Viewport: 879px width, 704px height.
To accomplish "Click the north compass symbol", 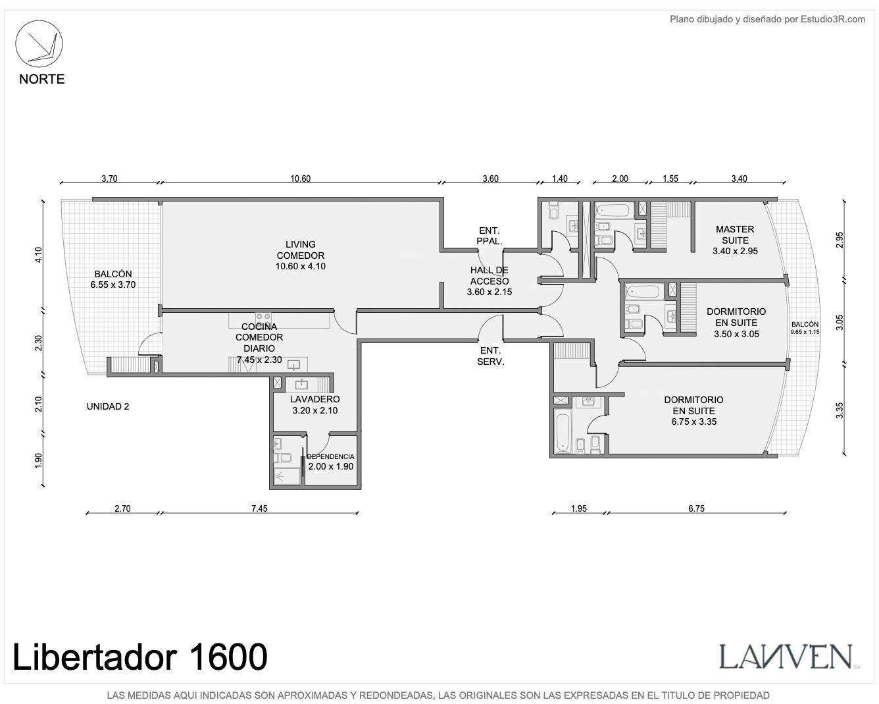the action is pos(39,43).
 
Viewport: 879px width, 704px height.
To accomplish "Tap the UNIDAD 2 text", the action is pos(108,406).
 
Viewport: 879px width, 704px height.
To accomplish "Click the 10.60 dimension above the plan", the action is pos(300,178).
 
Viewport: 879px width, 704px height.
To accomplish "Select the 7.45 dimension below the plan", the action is pos(259,508).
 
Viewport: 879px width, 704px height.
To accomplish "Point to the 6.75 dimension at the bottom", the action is pos(696,508).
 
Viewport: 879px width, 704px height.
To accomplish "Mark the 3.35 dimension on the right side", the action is pos(840,410).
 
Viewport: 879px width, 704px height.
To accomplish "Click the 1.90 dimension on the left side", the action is pos(38,461).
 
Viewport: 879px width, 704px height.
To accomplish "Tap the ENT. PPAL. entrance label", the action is pos(489,236).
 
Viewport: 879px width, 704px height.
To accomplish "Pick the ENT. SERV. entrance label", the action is pos(490,356).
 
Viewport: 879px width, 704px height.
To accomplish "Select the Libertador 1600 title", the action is pos(140,657).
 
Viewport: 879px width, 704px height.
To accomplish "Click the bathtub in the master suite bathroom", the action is pos(613,210).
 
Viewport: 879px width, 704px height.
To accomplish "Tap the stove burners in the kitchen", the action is pos(263,319).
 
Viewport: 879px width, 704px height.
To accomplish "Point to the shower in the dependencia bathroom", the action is pos(287,476).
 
